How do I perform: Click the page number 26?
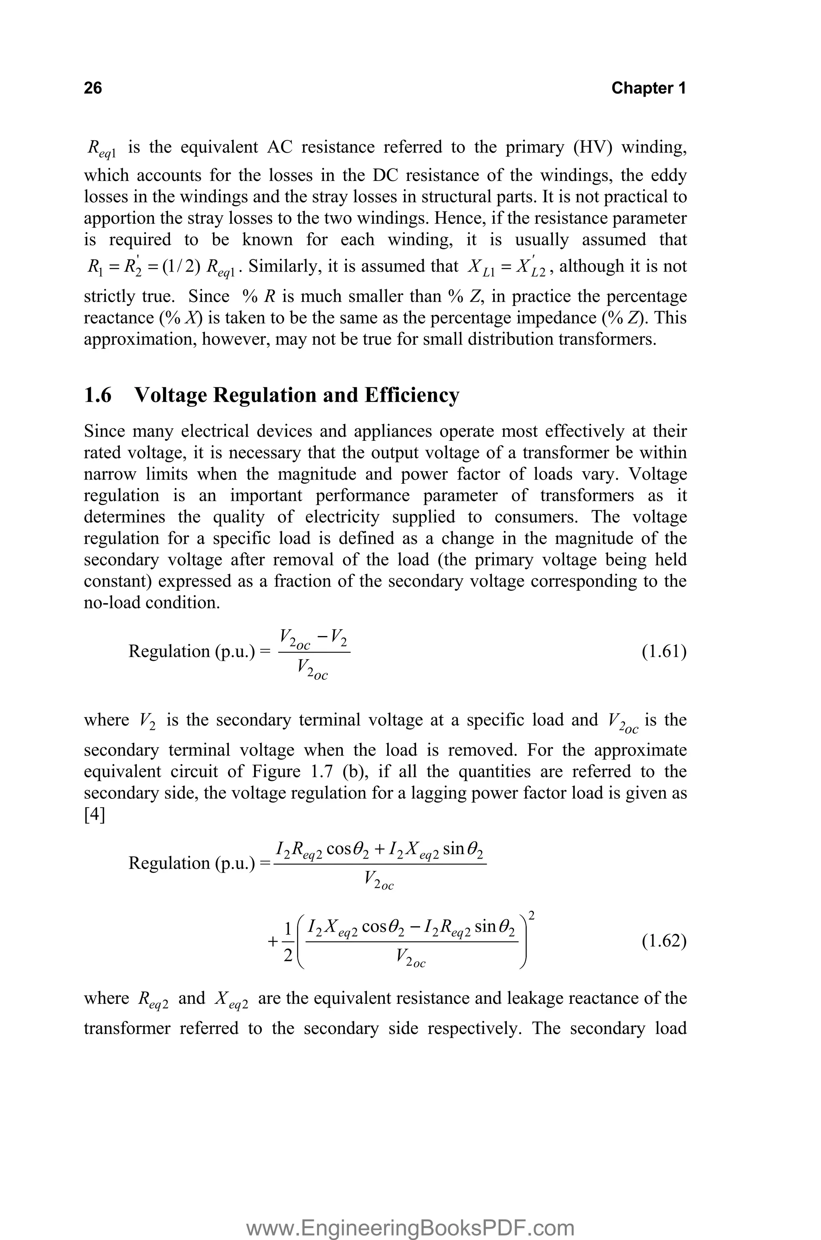[x=93, y=88]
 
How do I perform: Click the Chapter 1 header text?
[x=648, y=88]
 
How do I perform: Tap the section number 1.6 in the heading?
[x=97, y=395]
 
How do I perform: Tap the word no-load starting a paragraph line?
[x=112, y=603]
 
